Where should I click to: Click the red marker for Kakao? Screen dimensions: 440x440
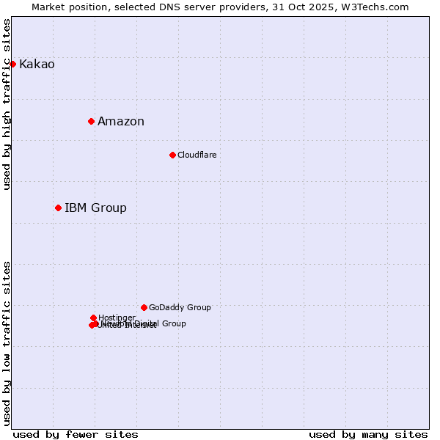click(x=12, y=64)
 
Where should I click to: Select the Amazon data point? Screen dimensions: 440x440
click(x=91, y=121)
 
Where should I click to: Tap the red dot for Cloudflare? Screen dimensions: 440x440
click(x=172, y=155)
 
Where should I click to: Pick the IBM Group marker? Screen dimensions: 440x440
click(x=58, y=208)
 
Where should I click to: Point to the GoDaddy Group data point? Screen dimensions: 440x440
click(x=144, y=307)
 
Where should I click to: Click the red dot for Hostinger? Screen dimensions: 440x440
click(x=93, y=318)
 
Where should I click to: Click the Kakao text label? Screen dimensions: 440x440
click(x=37, y=65)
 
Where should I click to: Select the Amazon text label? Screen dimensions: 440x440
click(x=121, y=122)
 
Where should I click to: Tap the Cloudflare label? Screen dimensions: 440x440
click(x=197, y=155)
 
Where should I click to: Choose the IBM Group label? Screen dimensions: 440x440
click(x=95, y=208)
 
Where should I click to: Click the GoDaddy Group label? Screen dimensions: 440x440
click(x=180, y=308)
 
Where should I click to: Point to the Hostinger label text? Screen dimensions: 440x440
click(x=117, y=318)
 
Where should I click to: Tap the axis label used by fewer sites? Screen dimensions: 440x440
click(x=76, y=435)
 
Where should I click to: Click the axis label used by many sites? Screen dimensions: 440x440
click(x=368, y=435)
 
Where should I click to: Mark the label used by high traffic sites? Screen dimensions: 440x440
click(x=7, y=104)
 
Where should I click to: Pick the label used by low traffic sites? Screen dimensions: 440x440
click(x=7, y=343)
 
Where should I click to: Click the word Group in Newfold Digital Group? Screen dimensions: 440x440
click(x=173, y=323)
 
